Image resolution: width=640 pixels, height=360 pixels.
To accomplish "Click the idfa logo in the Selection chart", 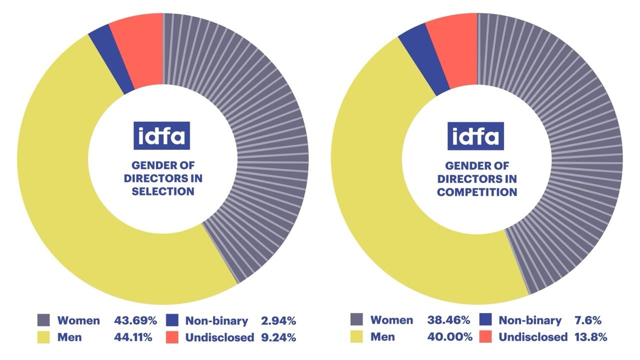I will click(x=161, y=135).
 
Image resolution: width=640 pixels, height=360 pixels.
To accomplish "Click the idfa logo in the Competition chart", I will click(x=475, y=135).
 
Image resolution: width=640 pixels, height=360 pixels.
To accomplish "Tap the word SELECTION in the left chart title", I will click(x=163, y=191).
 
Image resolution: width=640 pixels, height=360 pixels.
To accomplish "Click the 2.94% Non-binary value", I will click(x=278, y=320).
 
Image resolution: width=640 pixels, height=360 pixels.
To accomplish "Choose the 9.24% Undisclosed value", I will click(x=278, y=337).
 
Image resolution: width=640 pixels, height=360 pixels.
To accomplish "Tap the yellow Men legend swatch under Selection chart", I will click(x=43, y=337).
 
